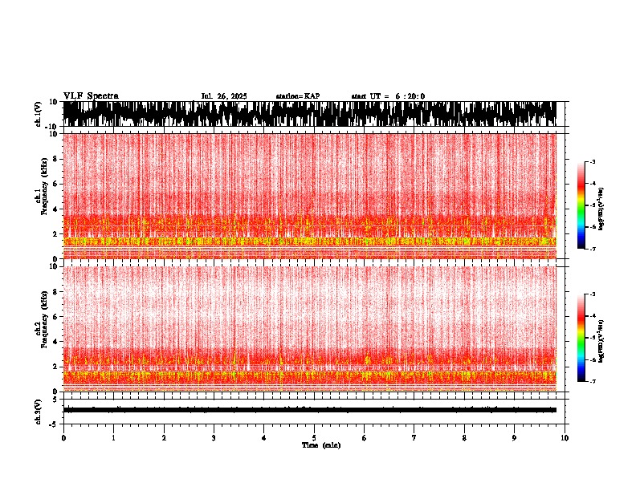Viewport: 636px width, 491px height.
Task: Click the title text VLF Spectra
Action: coord(91,96)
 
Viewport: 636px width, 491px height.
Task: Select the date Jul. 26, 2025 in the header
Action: coord(223,96)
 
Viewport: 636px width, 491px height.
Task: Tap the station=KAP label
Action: coord(298,96)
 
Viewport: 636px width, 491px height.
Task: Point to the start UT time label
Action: coord(388,96)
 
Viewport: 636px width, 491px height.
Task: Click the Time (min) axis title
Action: coord(320,444)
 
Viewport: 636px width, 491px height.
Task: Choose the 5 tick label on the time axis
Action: coord(314,438)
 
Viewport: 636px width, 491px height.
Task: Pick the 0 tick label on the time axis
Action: coord(63,438)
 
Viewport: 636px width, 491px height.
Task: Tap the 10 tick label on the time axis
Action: coord(565,438)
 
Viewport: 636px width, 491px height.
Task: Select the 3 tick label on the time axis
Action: coord(214,438)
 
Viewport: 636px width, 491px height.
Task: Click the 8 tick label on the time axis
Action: coord(464,438)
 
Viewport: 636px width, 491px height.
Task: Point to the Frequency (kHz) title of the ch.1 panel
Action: coord(45,195)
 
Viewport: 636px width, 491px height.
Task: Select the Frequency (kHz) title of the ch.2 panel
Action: coord(45,327)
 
